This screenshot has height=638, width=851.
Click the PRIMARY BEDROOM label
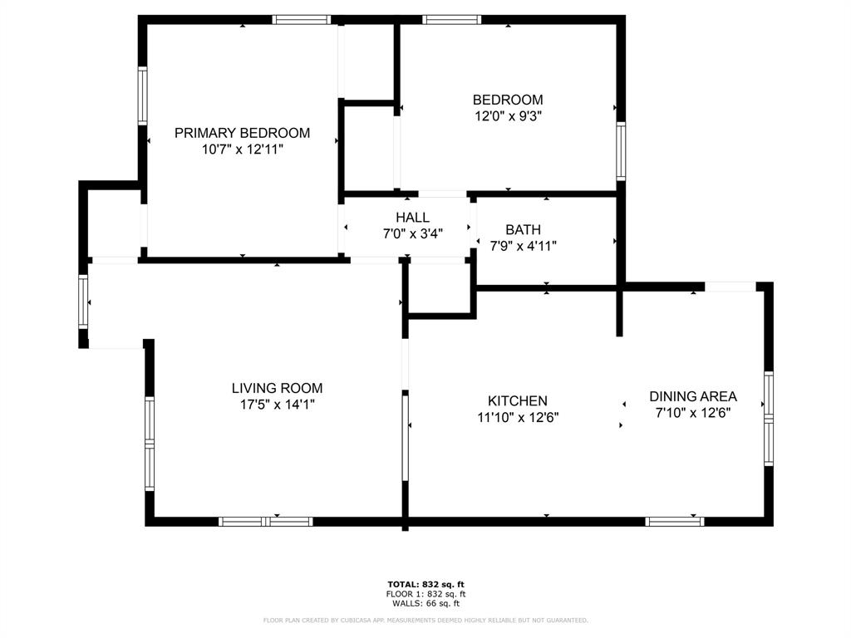242,133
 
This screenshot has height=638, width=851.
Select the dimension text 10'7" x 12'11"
242,150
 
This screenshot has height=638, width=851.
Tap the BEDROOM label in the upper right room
508,100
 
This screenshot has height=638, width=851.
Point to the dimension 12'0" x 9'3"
508,117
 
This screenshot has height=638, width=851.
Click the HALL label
413,218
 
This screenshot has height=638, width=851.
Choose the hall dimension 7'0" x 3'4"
413,234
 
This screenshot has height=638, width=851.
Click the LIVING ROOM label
277,388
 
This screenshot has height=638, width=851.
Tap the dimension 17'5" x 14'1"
277,405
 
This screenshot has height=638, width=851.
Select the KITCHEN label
517,401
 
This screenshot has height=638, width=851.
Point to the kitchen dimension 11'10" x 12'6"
517,418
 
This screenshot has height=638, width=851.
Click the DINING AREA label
693,396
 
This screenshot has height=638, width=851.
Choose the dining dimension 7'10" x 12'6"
693,413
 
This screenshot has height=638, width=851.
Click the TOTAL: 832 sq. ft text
425,584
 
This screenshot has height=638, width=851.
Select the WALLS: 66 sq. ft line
425,604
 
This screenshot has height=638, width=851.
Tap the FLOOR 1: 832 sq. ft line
425,594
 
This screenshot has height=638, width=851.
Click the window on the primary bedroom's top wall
302,20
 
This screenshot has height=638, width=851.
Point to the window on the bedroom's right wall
621,152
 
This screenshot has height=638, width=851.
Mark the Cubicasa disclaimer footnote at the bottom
425,620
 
